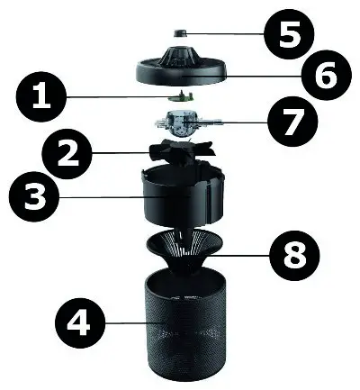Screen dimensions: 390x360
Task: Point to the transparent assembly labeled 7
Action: coord(181,122)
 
